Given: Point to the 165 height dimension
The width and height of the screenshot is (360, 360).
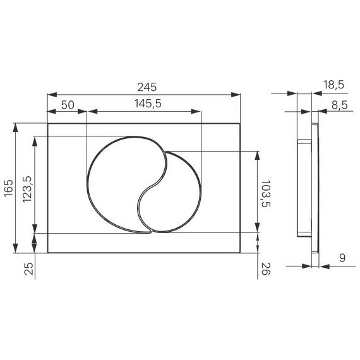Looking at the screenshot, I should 8,188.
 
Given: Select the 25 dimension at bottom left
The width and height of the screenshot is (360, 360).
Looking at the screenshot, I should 27,270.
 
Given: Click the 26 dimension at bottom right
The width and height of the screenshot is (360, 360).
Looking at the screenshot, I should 265,270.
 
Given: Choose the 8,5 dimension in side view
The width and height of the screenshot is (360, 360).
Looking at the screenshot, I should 339,105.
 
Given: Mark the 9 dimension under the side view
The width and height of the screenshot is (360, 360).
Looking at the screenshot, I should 342,257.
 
